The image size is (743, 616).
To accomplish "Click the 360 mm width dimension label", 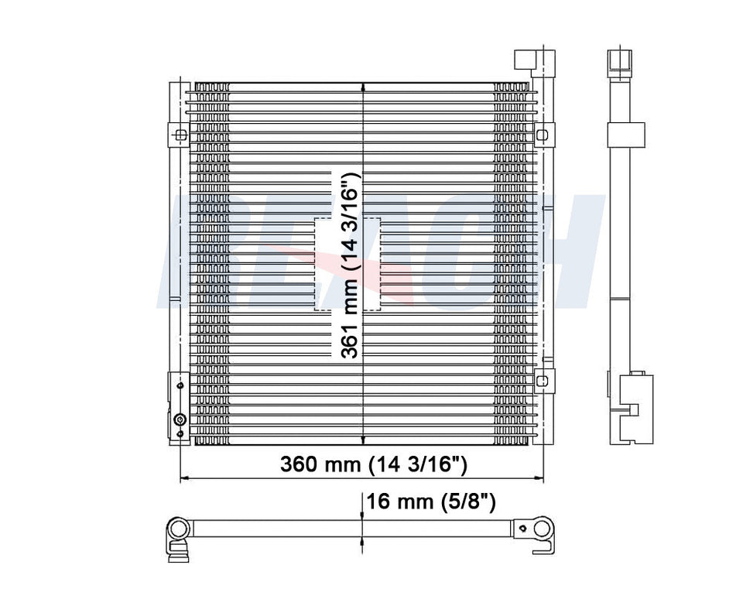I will pos(373,464).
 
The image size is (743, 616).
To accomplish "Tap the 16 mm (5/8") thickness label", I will pos(430,501).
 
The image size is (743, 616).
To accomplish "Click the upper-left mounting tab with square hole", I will pos(180,135).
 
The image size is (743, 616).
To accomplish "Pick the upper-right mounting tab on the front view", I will pos(543,134).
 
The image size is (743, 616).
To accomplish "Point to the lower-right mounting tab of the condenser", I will pos(544,379).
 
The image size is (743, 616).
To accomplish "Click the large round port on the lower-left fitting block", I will pos(180,420).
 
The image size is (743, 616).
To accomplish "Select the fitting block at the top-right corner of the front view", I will pos(525,62).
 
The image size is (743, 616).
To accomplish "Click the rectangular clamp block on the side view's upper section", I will pos(626,135).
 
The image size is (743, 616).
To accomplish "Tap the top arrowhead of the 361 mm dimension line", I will pos(363,87).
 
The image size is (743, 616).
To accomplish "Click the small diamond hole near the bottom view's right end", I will pos(525,529).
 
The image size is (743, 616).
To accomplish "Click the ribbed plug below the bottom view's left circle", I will pos(179,552).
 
